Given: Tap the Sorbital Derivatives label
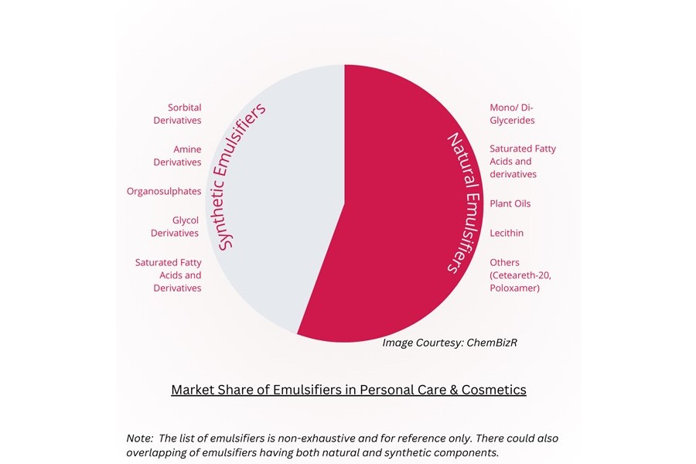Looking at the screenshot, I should [x=177, y=114].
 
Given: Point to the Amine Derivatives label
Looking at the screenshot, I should [x=177, y=155].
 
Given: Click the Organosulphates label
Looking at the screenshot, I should [x=164, y=191].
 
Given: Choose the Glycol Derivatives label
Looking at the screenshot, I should [x=175, y=227].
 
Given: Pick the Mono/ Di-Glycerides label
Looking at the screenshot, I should [x=512, y=114].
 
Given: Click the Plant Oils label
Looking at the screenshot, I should [x=510, y=203].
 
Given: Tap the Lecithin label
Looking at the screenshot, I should [x=507, y=233].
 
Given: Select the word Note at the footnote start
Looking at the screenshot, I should [x=139, y=438].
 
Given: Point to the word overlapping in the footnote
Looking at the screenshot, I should [x=158, y=452].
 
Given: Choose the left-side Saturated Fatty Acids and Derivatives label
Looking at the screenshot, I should [x=168, y=275].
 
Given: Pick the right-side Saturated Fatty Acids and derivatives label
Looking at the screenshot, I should [x=522, y=161].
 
